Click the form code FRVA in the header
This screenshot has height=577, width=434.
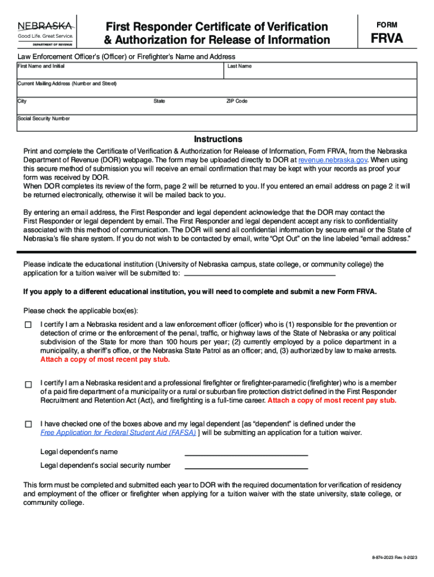386,39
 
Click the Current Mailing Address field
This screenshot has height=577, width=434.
216,90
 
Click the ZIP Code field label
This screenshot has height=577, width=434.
237,101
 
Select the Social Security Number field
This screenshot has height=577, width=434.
216,125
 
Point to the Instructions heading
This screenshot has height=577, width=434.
218,139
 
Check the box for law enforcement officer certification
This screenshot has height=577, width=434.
28,325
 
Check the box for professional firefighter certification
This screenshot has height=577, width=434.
28,384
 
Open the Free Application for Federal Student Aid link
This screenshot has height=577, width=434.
118,433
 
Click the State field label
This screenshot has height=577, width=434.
159,101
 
